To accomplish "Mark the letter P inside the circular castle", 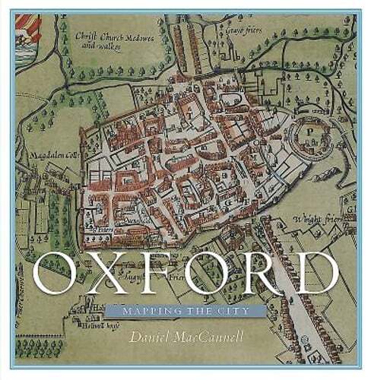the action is pos(311,130).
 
